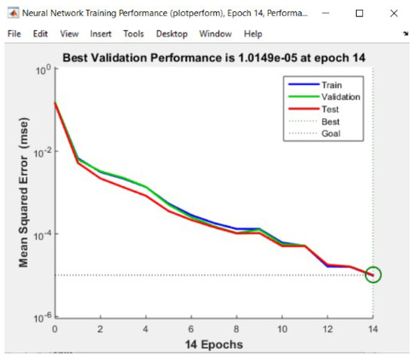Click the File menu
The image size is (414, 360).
click(x=14, y=34)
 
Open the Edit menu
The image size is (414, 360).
click(x=40, y=34)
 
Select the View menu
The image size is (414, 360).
click(x=69, y=34)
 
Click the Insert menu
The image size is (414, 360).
click(x=100, y=34)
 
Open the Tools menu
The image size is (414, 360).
click(x=133, y=34)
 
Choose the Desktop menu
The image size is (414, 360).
click(x=172, y=34)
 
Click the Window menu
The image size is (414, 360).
click(x=216, y=34)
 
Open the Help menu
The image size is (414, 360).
click(x=253, y=34)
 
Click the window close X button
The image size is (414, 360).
click(x=394, y=14)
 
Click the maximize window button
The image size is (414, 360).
click(x=359, y=14)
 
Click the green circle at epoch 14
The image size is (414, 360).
click(x=373, y=275)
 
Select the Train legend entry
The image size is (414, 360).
click(x=331, y=85)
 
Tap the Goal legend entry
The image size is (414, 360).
click(x=330, y=134)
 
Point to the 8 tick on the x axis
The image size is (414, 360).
click(x=236, y=330)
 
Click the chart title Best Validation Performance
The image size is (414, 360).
click(x=214, y=57)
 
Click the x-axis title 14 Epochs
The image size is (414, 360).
click(x=214, y=345)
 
